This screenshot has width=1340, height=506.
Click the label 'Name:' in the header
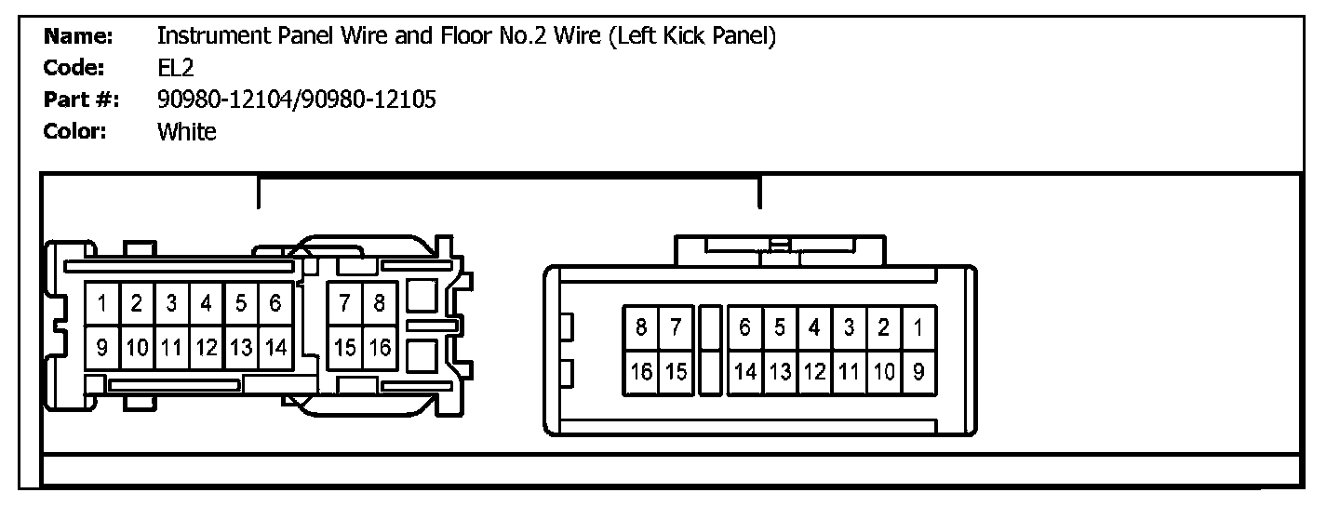tap(78, 36)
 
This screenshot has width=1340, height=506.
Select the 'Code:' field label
tap(74, 68)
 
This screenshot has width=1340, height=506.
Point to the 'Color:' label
tap(75, 131)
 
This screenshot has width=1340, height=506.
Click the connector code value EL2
tap(175, 68)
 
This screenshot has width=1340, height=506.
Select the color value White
tap(186, 131)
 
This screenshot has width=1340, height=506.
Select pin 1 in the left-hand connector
tap(101, 303)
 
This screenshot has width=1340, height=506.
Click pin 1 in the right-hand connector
tap(918, 327)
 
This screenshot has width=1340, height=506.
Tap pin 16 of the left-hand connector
tap(380, 348)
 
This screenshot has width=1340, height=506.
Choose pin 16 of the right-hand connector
tap(641, 372)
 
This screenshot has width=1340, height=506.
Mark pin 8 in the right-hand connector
tap(641, 327)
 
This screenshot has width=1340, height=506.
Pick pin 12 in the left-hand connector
tap(206, 348)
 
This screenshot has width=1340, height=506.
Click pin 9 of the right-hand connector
tap(918, 372)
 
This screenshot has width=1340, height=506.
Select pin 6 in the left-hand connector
tap(275, 303)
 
